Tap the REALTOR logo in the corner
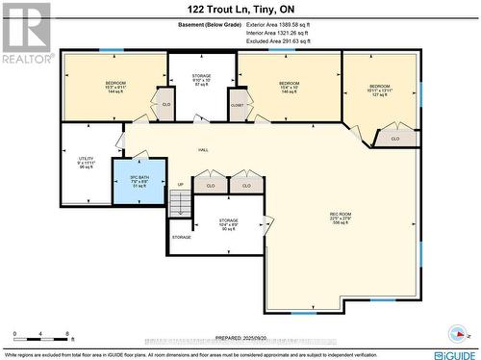(x=26, y=33)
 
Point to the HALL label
(x=203, y=150)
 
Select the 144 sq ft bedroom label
(x=115, y=88)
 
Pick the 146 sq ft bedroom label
(x=290, y=88)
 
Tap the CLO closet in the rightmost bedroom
(x=395, y=139)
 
